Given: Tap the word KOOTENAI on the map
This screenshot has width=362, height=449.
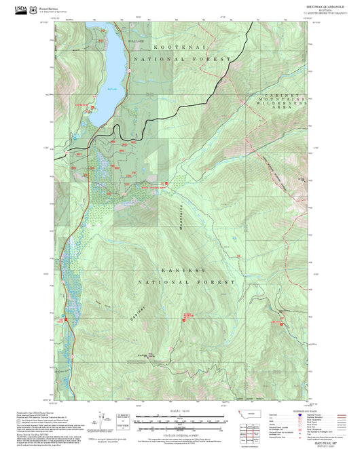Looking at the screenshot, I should pyautogui.click(x=179, y=47).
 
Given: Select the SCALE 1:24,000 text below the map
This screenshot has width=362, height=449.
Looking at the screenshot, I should pyautogui.click(x=180, y=410).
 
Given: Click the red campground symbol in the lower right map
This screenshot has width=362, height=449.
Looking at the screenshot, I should pyautogui.click(x=280, y=321).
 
